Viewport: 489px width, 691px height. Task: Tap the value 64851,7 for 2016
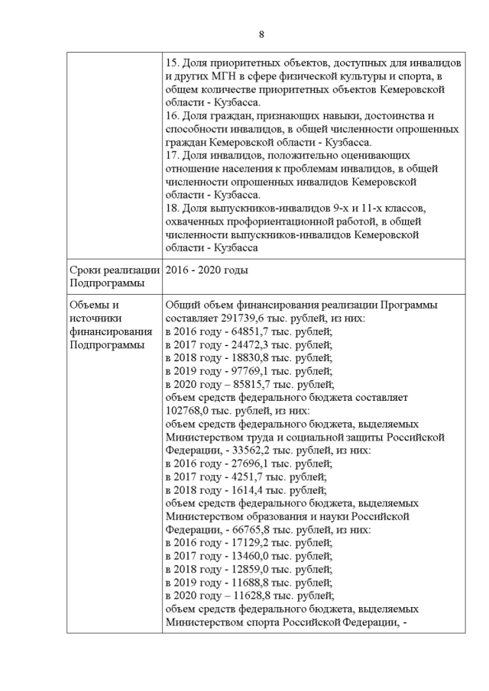point(249,331)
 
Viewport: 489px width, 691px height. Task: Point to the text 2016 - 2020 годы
point(206,270)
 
